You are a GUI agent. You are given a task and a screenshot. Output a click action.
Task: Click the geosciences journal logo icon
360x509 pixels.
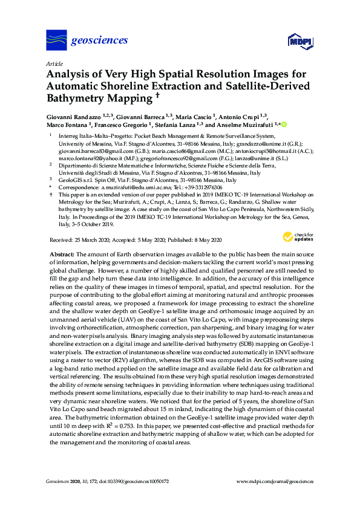[56, 41]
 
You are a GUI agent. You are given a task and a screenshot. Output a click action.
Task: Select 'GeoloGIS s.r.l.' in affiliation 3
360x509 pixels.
[78, 180]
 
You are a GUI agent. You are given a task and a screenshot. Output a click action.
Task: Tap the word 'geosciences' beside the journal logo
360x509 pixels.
[100, 41]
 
